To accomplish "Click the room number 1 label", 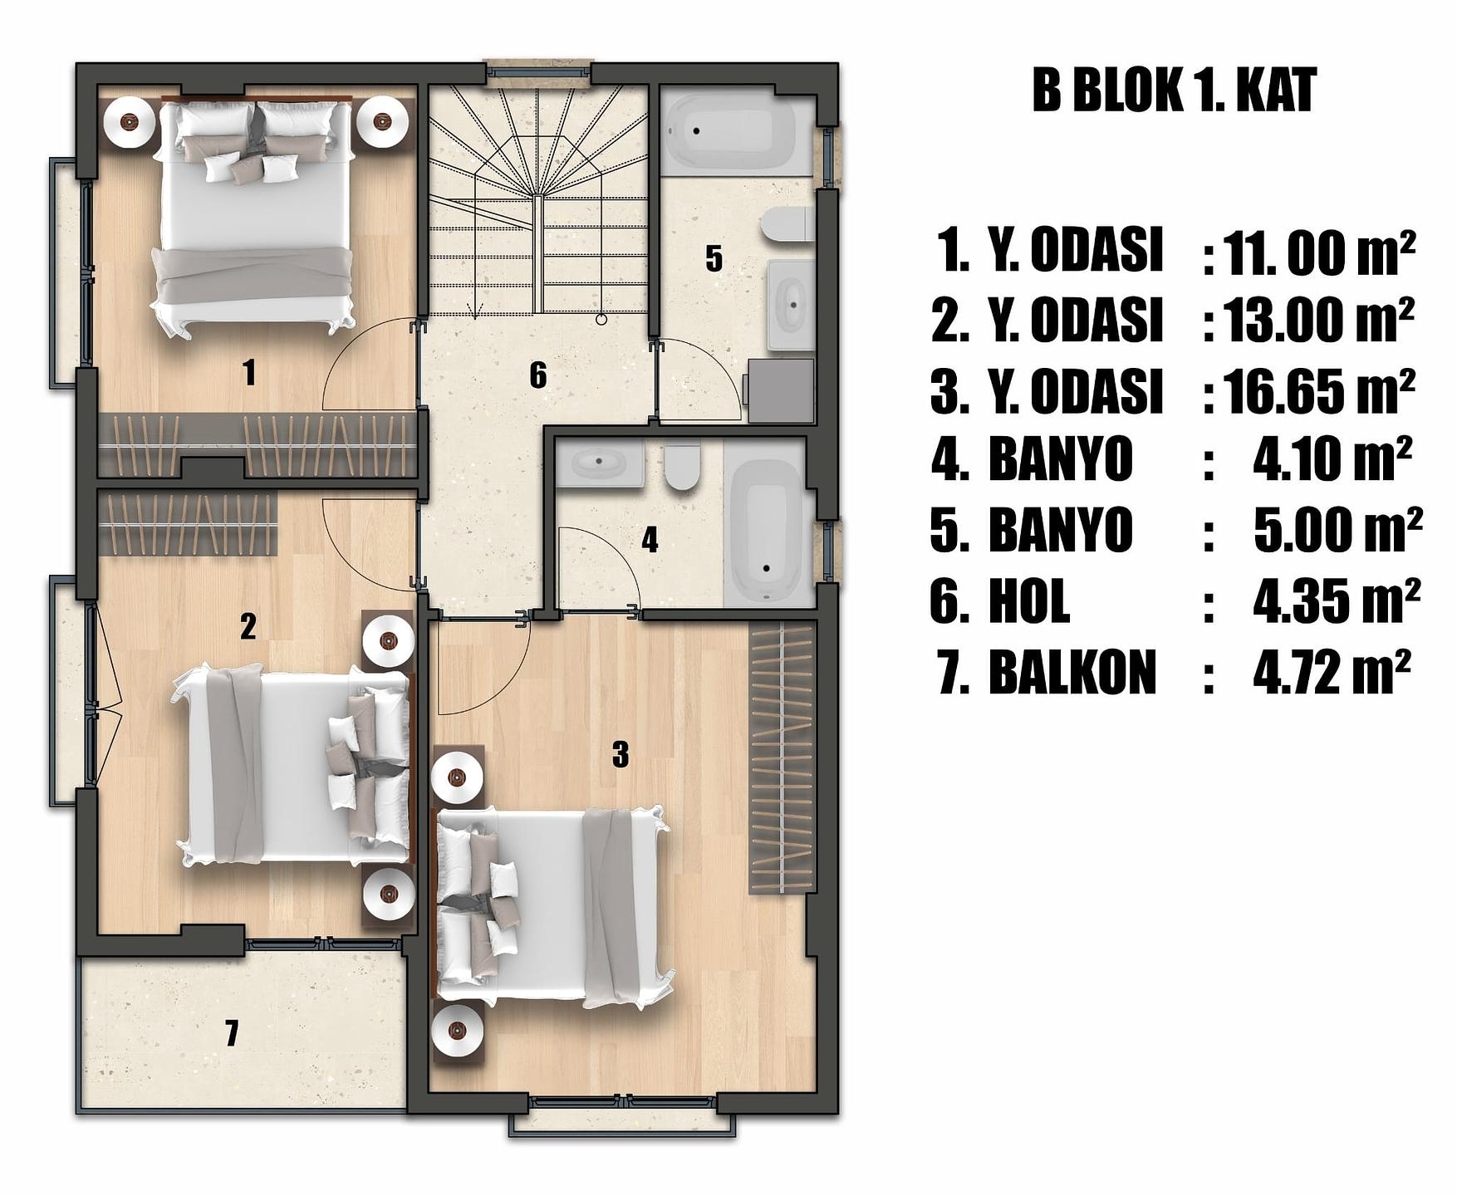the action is coord(248,372).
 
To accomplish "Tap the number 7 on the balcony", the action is coord(232,1033).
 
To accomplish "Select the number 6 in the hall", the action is coord(538,375).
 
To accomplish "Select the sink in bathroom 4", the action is coord(600,463).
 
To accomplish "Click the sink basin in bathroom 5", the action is coord(790,305).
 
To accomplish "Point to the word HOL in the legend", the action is coord(1029,601).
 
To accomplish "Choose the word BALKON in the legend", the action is coord(1072,672).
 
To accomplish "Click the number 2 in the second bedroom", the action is coord(248,626).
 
